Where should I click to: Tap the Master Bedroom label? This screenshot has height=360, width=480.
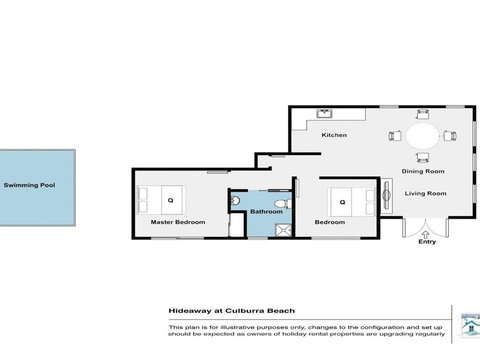click(171, 221)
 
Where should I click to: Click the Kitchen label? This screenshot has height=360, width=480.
click(333, 135)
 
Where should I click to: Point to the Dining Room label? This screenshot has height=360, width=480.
click(424, 171)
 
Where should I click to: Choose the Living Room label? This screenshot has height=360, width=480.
click(424, 195)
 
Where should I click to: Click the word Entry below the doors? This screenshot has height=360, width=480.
click(428, 241)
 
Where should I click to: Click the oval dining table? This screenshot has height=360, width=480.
click(422, 135)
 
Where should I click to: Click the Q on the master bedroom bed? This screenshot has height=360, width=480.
click(171, 200)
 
